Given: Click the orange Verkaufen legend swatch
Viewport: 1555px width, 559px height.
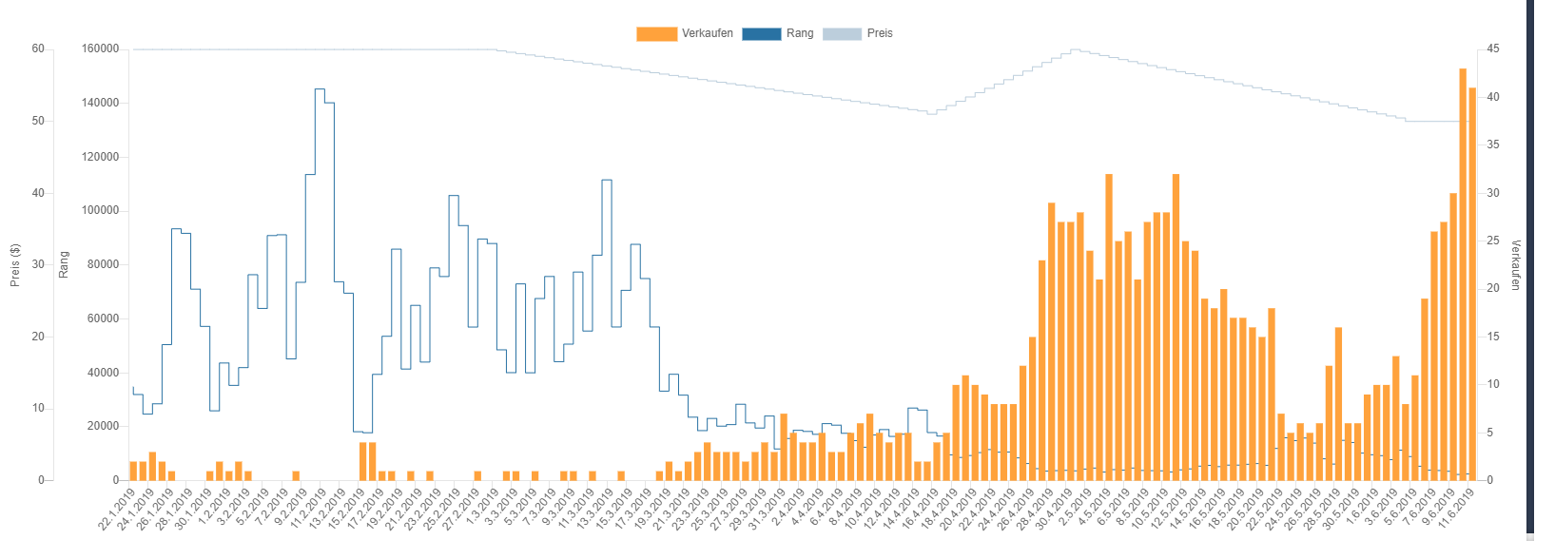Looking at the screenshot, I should point(656,33).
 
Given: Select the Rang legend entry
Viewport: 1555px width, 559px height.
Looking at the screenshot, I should point(799,33).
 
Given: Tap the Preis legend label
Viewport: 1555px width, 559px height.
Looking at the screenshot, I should point(880,33).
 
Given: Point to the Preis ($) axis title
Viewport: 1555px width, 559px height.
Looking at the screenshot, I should point(15,265).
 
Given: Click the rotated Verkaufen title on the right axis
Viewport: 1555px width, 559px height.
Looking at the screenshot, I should point(1516,265).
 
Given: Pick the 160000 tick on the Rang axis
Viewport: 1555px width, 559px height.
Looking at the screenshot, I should point(101,49).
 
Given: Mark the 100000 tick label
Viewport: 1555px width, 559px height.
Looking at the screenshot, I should point(101,211).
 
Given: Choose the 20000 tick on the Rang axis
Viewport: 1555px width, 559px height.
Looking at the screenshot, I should point(104,427).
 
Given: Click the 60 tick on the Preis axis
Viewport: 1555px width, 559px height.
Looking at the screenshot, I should point(38,49).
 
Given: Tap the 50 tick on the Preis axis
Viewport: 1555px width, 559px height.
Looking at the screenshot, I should point(38,122).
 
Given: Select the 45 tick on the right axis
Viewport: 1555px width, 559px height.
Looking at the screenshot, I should point(1493,49).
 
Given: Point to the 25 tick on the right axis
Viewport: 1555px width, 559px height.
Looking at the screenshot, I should point(1493,241).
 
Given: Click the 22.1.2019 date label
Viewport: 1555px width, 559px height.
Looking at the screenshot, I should point(118,509).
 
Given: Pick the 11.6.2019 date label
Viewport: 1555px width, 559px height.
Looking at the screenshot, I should point(1456,509).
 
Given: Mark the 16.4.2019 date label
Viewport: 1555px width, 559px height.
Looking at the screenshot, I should point(921,509).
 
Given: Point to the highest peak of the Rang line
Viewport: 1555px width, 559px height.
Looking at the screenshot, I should point(320,90).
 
